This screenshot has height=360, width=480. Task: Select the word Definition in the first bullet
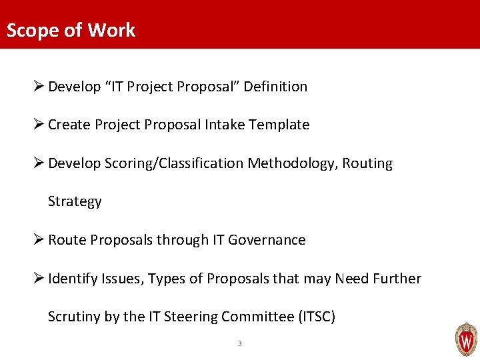tap(275, 87)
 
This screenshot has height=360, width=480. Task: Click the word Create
tap(69, 125)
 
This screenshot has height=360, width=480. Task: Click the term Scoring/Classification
tap(174, 163)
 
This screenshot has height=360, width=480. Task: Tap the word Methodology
tap(293, 163)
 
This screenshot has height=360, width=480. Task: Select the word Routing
tap(367, 163)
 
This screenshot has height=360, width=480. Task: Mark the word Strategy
tap(75, 202)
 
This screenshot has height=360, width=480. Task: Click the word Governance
tap(267, 240)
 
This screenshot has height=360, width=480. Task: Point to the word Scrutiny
tap(75, 317)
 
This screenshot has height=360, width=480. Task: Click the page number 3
tap(239, 343)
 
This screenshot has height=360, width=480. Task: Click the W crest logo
tap(465, 340)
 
